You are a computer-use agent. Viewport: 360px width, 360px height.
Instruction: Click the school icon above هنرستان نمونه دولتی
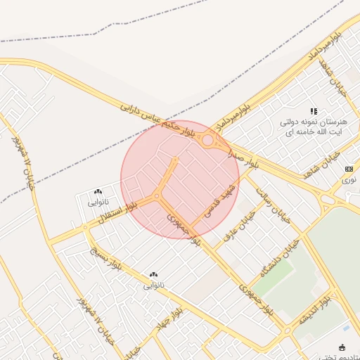[x=314, y=111]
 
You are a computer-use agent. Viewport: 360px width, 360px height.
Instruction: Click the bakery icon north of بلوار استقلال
[x=98, y=191]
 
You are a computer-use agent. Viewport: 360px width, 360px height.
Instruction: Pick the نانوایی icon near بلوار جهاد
[x=154, y=274]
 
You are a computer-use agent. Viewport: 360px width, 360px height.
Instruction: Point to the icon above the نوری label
[x=349, y=169]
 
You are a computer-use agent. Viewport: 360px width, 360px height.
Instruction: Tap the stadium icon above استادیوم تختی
[x=342, y=347]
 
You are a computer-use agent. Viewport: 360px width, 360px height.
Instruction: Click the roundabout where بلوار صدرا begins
[x=208, y=141]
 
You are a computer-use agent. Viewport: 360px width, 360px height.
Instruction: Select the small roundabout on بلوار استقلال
[x=85, y=227]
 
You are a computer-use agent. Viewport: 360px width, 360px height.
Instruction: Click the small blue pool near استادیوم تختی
[x=345, y=328]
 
